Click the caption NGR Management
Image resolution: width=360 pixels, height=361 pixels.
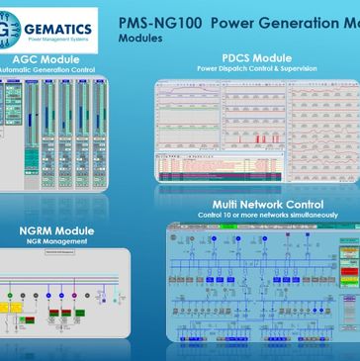click(56, 242)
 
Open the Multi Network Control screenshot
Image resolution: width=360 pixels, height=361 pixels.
click(262, 287)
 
